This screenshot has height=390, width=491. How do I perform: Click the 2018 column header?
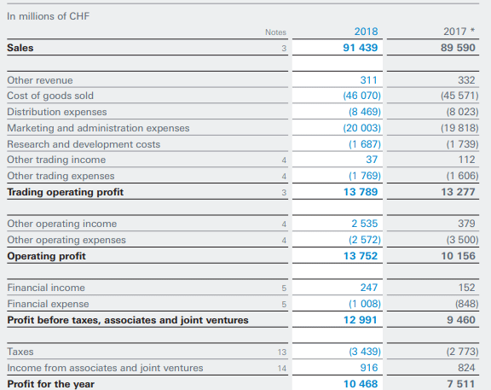(366, 32)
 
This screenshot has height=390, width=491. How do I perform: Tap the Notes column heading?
(275, 32)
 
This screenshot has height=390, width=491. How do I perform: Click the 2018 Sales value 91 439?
(360, 48)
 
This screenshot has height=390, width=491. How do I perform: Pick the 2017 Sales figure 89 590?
(458, 48)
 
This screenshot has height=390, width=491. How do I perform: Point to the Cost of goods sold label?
(50, 96)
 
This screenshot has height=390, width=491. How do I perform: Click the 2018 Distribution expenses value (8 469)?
(365, 112)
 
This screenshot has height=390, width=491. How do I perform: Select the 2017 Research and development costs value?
(463, 144)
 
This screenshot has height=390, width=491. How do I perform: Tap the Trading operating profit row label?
(65, 192)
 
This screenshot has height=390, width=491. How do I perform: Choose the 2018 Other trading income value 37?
(372, 160)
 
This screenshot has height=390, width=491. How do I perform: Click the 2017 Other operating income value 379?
(466, 224)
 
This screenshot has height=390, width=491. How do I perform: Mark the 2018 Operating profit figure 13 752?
(361, 256)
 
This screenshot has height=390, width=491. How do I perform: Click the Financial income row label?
(46, 288)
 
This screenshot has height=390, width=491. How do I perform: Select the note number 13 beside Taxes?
(282, 352)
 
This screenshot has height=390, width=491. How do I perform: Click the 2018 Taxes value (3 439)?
(365, 352)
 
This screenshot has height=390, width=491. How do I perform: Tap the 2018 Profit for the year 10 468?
(361, 384)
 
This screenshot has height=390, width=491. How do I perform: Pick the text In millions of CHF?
(49, 16)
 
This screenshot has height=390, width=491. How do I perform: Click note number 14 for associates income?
(282, 369)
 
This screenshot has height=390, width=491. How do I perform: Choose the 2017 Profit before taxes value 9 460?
(461, 320)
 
